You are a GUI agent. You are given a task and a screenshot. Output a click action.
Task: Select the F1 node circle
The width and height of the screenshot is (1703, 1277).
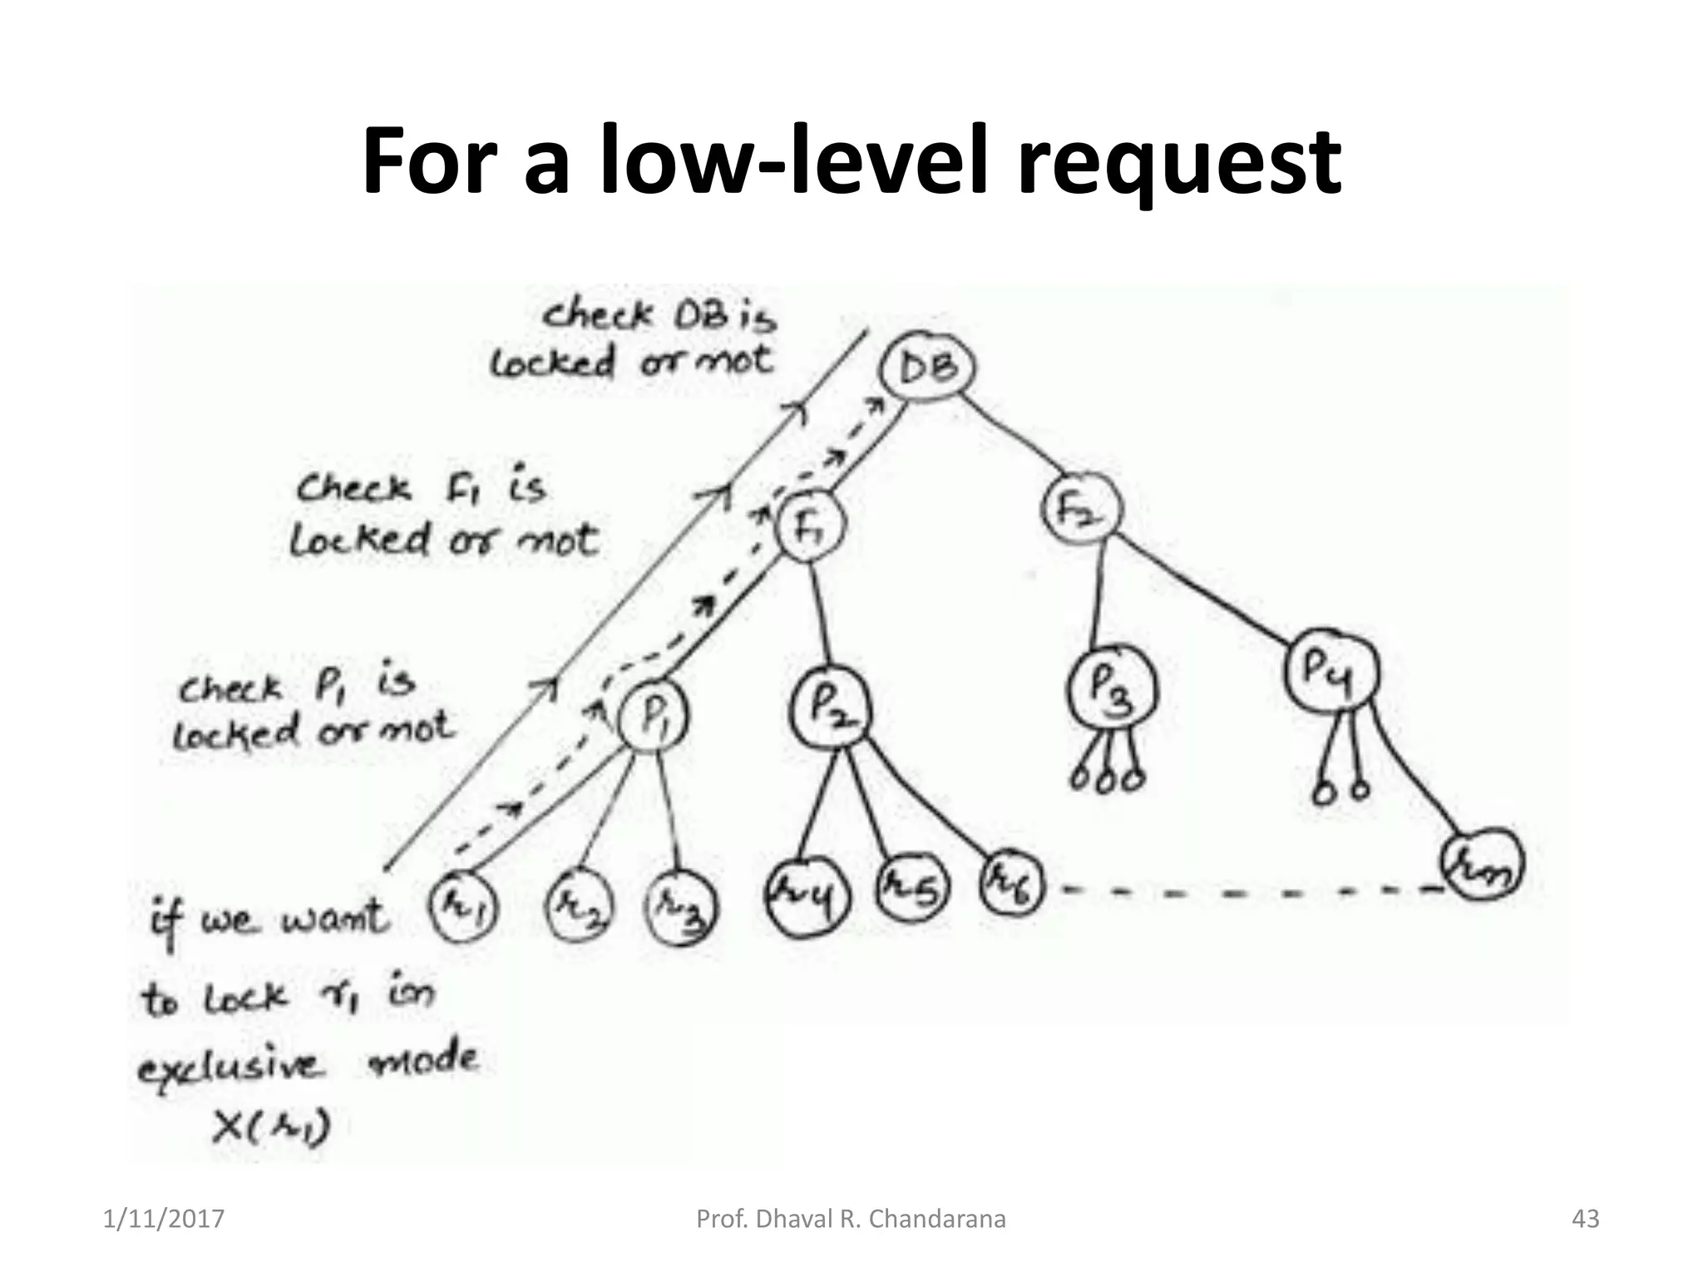[x=808, y=526]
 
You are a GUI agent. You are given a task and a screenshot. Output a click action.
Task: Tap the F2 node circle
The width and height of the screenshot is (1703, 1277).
[x=1079, y=507]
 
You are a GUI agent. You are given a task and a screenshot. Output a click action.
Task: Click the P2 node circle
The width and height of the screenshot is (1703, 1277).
[x=831, y=708]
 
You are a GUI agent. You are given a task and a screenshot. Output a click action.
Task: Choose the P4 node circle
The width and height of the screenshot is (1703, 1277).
[x=1330, y=670]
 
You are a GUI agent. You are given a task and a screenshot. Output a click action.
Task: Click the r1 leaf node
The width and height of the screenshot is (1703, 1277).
[x=463, y=907]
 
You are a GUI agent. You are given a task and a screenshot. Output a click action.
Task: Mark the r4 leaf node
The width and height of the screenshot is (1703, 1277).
[x=807, y=897]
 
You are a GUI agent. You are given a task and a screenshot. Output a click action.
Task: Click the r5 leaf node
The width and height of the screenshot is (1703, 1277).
[x=912, y=889]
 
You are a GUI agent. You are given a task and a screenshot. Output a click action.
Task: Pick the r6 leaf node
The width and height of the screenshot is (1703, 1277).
[x=1010, y=884]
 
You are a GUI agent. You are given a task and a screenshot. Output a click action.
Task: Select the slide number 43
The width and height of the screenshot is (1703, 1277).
[x=1585, y=1219]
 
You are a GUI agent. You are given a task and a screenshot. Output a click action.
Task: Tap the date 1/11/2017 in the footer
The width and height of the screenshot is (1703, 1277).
[x=164, y=1219]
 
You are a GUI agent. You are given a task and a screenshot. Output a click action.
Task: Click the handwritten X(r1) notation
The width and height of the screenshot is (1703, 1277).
[x=271, y=1128]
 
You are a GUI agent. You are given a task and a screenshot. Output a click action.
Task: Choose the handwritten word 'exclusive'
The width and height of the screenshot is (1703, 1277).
[x=228, y=1067]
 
